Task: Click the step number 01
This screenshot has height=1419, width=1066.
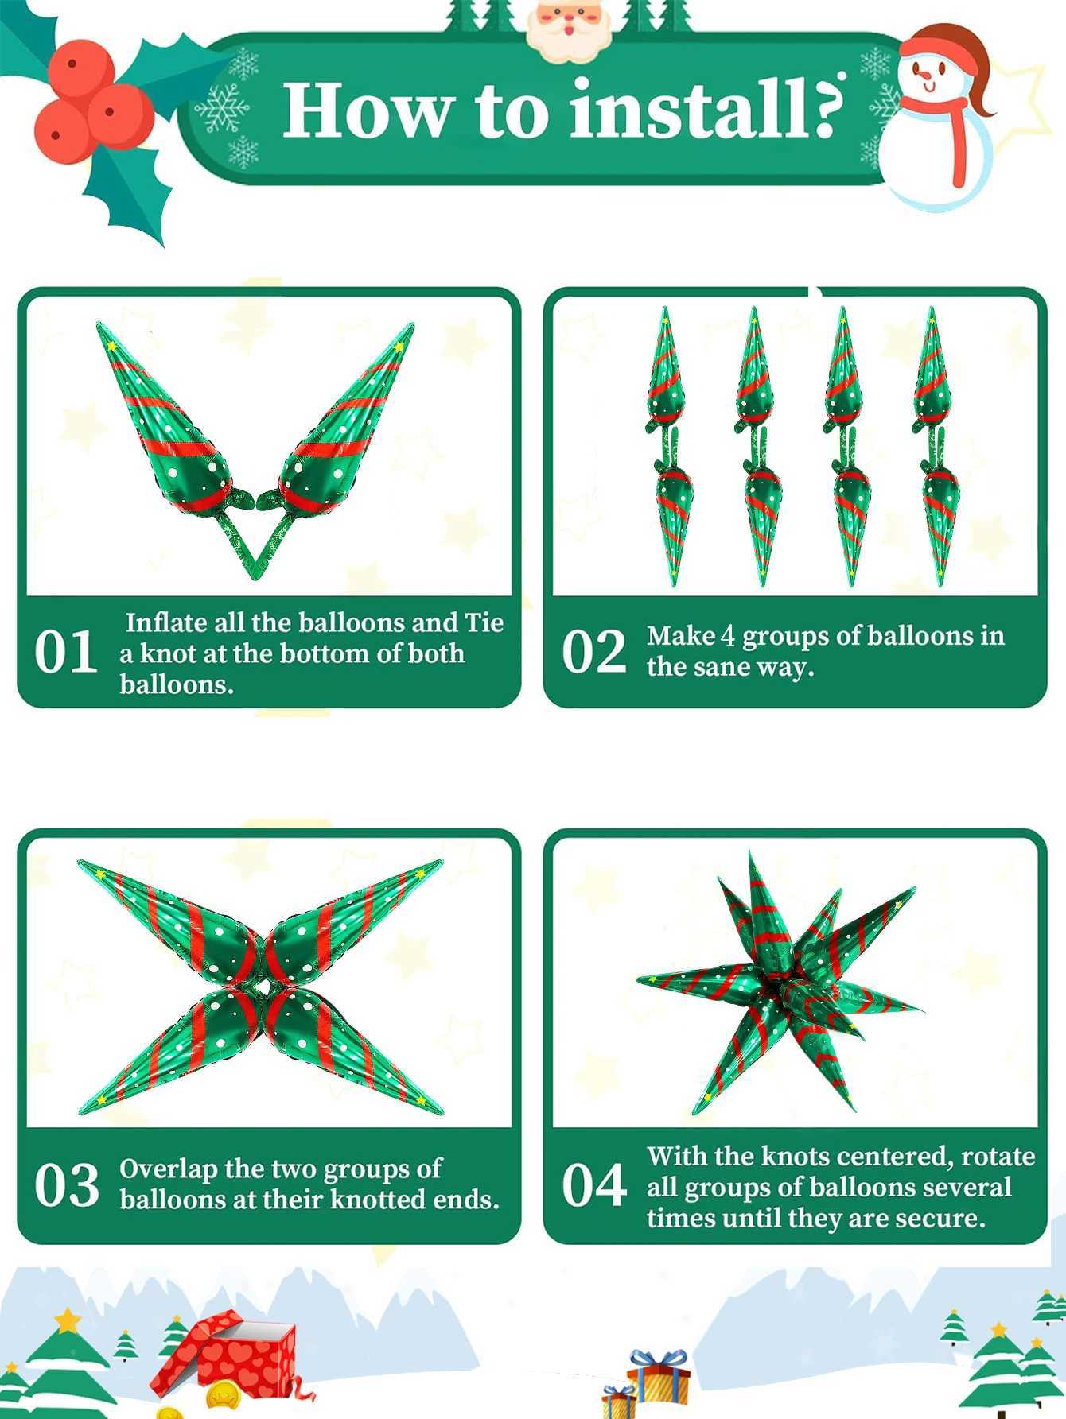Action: tap(65, 653)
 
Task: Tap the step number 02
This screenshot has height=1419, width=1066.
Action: tap(593, 653)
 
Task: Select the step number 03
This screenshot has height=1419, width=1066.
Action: tap(66, 1185)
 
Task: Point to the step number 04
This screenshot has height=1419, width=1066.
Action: tap(594, 1185)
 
